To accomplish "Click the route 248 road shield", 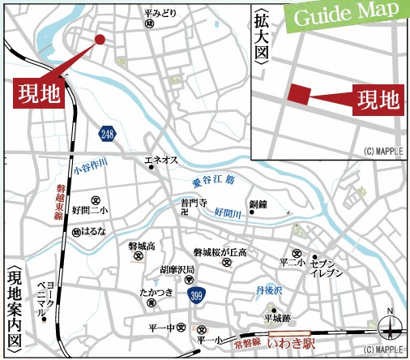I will click(x=108, y=133).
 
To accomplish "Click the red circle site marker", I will click(x=100, y=39).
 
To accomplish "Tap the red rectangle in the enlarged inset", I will click(x=299, y=94).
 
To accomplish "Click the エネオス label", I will click(x=160, y=161).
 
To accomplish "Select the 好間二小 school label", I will click(x=94, y=211).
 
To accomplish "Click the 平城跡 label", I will click(x=273, y=319).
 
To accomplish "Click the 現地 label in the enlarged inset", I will click(x=380, y=100).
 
